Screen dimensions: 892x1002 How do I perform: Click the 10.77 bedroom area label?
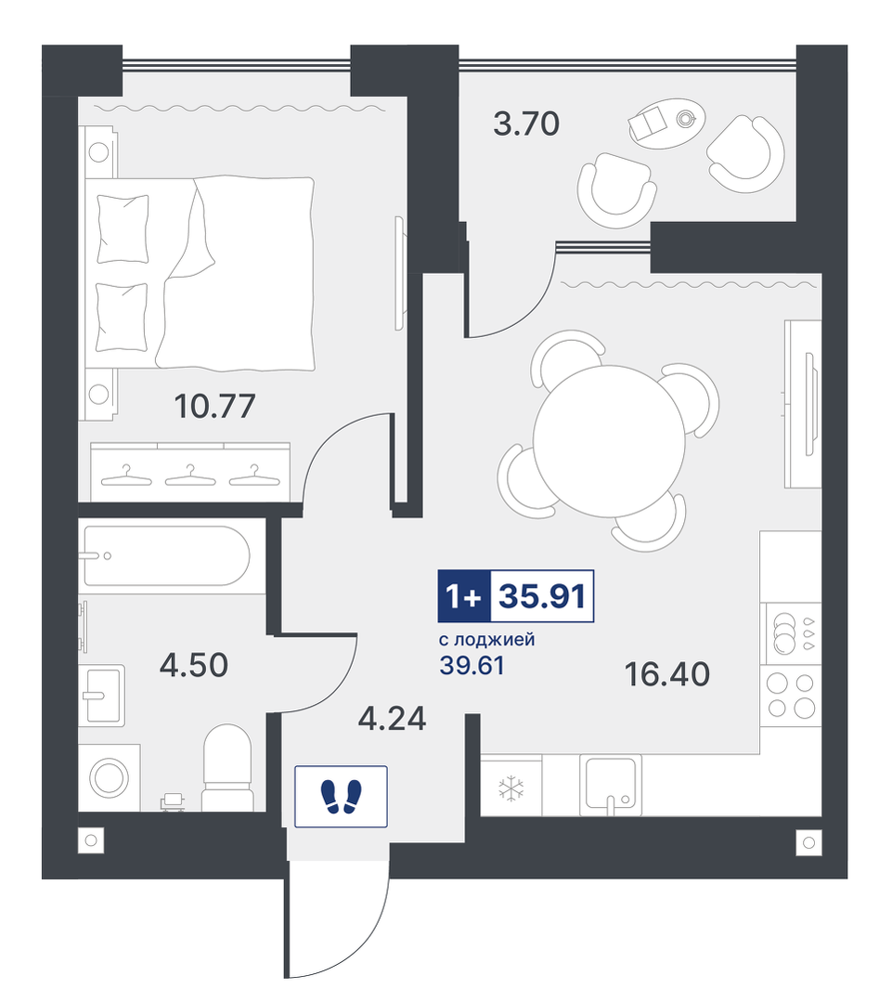[214, 406]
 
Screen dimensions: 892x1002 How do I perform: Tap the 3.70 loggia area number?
[526, 124]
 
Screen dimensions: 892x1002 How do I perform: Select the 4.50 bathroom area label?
[193, 665]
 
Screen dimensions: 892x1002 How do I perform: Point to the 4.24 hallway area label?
[392, 719]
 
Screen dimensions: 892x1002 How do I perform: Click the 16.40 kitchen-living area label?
[667, 674]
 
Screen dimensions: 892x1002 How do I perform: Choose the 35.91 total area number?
[542, 596]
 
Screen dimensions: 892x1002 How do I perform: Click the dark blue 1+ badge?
[464, 596]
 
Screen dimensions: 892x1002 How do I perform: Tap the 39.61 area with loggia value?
[472, 665]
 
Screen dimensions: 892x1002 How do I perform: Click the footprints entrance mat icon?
[341, 796]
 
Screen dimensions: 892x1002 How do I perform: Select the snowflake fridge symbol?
[511, 788]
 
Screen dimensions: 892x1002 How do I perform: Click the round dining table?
[609, 441]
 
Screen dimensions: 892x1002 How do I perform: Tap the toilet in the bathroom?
[227, 767]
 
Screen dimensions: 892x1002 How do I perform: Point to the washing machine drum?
[110, 777]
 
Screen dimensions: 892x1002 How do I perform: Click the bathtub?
[167, 556]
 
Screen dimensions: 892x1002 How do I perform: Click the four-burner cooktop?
[792, 696]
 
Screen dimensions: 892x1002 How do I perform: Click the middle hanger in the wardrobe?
[190, 475]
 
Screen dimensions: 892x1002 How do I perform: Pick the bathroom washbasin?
[102, 695]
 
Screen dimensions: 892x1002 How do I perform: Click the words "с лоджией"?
[487, 639]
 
